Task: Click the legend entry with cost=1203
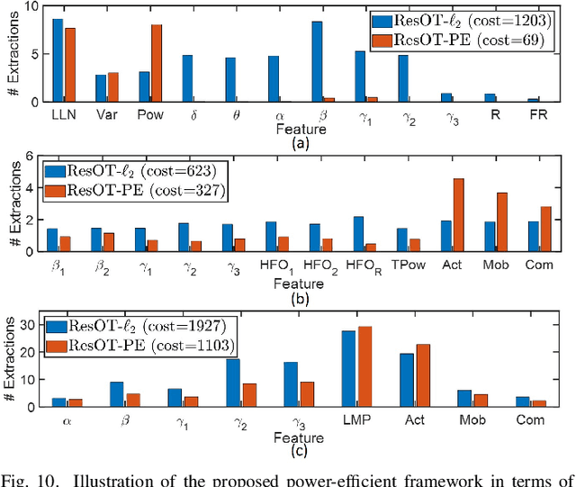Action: click(x=456, y=21)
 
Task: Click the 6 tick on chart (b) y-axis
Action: click(x=33, y=157)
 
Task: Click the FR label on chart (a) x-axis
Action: click(x=534, y=116)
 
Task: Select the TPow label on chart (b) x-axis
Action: click(x=407, y=267)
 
